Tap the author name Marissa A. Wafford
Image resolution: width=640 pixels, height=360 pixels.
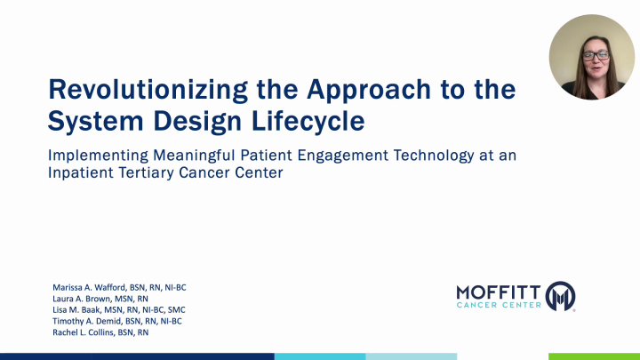(92, 288)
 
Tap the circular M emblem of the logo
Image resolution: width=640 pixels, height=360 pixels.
(561, 296)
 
